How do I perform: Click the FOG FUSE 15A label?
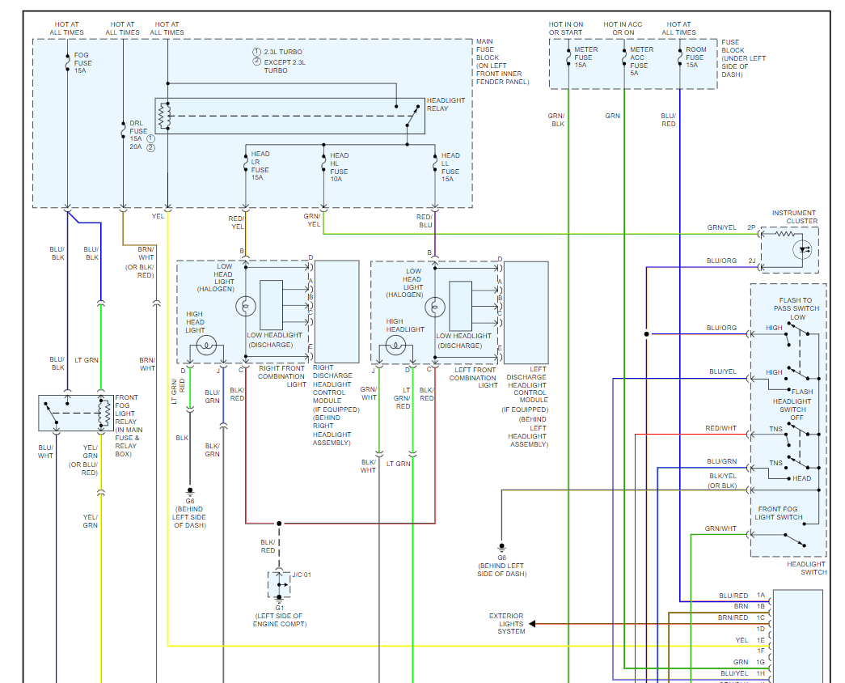click(x=82, y=63)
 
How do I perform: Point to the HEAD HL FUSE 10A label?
click(x=339, y=163)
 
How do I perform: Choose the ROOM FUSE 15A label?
click(x=695, y=57)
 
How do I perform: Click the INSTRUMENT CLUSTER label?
click(x=794, y=217)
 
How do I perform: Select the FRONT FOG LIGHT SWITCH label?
click(x=779, y=513)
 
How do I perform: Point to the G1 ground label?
click(x=280, y=607)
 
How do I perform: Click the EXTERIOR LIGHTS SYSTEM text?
click(x=506, y=623)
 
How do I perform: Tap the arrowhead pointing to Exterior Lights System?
click(x=533, y=623)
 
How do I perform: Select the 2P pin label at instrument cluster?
click(x=750, y=228)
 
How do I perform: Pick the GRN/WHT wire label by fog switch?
click(x=720, y=528)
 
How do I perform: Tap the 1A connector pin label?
click(x=760, y=596)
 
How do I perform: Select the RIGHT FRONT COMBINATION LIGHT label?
click(x=281, y=376)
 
